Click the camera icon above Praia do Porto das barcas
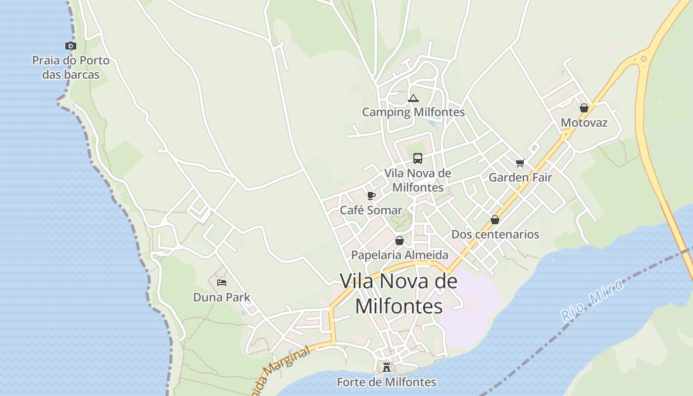(71, 46)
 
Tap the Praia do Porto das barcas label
(71, 68)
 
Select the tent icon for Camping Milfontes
(413, 98)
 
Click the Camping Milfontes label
(413, 112)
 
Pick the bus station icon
(418, 158)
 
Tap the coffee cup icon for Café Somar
(371, 196)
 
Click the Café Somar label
(371, 210)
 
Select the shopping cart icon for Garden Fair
(520, 163)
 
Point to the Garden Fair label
(520, 177)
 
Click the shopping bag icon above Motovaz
(584, 108)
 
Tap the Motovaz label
(584, 123)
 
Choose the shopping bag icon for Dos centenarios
(495, 220)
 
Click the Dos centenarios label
(495, 234)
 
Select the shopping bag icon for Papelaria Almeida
(399, 241)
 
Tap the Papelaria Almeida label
(399, 255)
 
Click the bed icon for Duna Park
(222, 283)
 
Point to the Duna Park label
(222, 297)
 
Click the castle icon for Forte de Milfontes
(387, 367)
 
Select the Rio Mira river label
(593, 300)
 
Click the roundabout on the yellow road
(643, 59)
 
